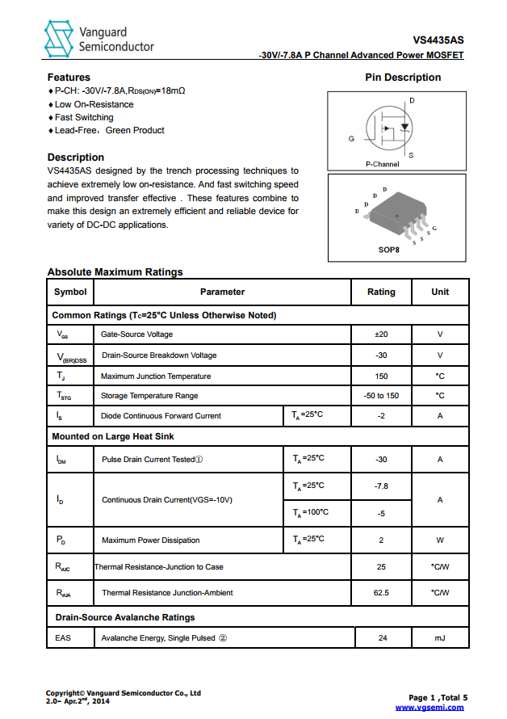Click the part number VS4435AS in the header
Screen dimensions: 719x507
coord(438,40)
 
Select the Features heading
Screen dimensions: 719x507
coord(69,78)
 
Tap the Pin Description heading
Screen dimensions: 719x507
coord(403,78)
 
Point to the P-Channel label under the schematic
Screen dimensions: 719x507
coord(383,164)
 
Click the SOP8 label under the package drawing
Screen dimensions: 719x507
coord(389,250)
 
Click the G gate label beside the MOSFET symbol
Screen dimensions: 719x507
coord(351,139)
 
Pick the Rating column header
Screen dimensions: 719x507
coord(381,292)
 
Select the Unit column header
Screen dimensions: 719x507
coord(440,292)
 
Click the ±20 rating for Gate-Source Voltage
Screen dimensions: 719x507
coord(381,334)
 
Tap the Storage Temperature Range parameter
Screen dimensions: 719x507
coord(149,396)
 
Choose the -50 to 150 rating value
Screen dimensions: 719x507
coord(381,396)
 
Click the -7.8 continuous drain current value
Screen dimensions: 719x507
coord(381,486)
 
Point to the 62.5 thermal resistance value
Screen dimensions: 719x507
coord(381,593)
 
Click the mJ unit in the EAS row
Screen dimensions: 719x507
coord(440,638)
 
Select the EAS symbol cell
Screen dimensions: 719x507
coord(63,638)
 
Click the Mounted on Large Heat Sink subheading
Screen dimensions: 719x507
coord(113,436)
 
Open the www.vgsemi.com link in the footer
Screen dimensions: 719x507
coord(429,708)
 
